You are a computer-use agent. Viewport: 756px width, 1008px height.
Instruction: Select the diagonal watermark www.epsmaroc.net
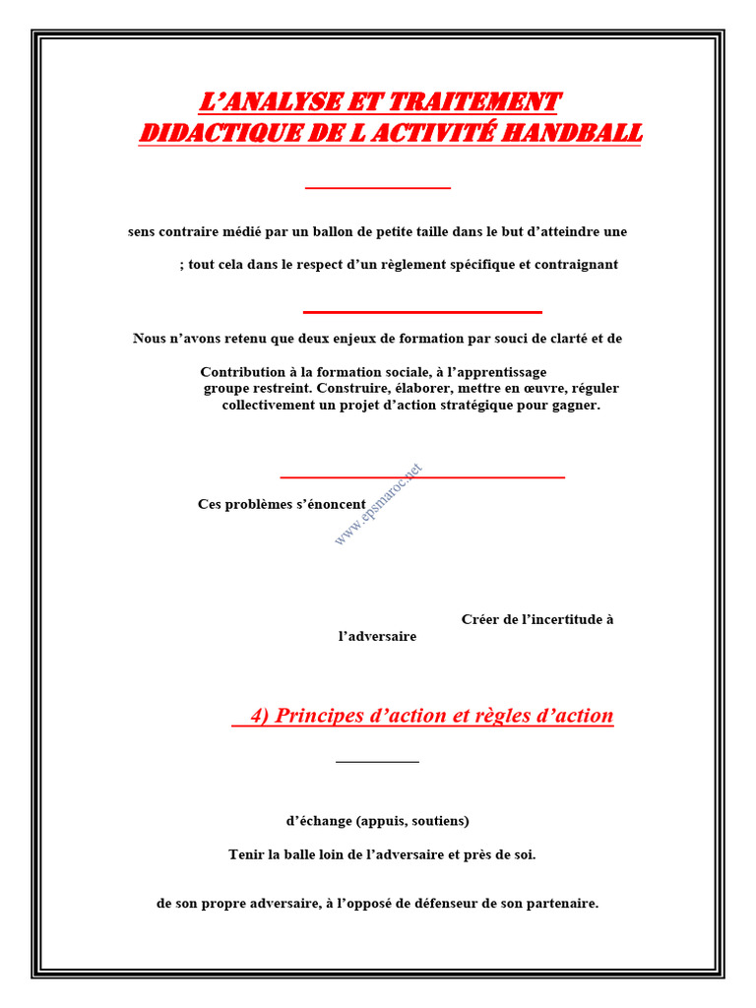point(377,504)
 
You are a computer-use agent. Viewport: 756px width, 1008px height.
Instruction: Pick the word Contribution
point(242,372)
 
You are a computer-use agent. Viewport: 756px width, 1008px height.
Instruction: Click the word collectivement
point(270,405)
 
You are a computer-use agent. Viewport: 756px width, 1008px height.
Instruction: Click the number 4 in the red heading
point(256,717)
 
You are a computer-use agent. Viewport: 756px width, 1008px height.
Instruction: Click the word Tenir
point(246,854)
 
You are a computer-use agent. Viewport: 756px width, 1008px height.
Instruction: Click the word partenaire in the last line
point(556,903)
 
